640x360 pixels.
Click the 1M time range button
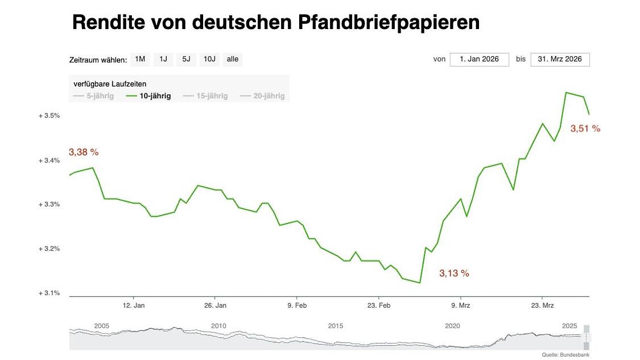click(x=140, y=60)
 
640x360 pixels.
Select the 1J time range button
click(x=163, y=60)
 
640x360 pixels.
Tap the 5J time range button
click(x=186, y=60)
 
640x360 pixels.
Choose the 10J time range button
click(x=209, y=60)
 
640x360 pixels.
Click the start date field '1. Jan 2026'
click(x=479, y=60)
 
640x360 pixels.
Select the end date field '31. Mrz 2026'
click(x=560, y=60)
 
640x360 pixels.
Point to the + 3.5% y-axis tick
click(x=49, y=116)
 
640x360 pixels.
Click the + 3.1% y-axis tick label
click(x=49, y=293)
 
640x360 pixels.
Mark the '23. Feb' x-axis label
click(x=379, y=306)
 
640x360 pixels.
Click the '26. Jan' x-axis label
click(x=215, y=306)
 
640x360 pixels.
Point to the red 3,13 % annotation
click(x=454, y=274)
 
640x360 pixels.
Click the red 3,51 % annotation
click(x=585, y=129)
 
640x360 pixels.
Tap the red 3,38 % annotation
click(x=83, y=152)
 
